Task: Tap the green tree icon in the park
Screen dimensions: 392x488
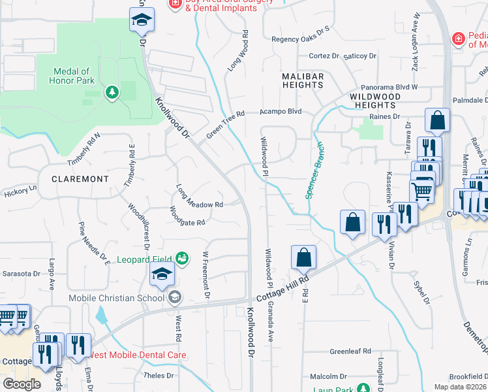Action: click(x=112, y=92)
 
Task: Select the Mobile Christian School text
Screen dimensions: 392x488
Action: click(x=117, y=299)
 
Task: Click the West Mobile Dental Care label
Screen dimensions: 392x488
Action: click(x=137, y=355)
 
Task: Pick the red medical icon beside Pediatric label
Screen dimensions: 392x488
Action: click(x=459, y=40)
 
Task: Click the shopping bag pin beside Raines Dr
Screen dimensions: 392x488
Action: click(x=437, y=120)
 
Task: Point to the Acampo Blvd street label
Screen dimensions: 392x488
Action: click(x=281, y=111)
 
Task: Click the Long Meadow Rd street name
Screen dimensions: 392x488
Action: click(x=200, y=199)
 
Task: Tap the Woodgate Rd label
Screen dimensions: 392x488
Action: click(x=187, y=217)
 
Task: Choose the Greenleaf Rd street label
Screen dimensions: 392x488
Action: click(x=350, y=351)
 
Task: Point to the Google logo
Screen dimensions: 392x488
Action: click(x=22, y=384)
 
